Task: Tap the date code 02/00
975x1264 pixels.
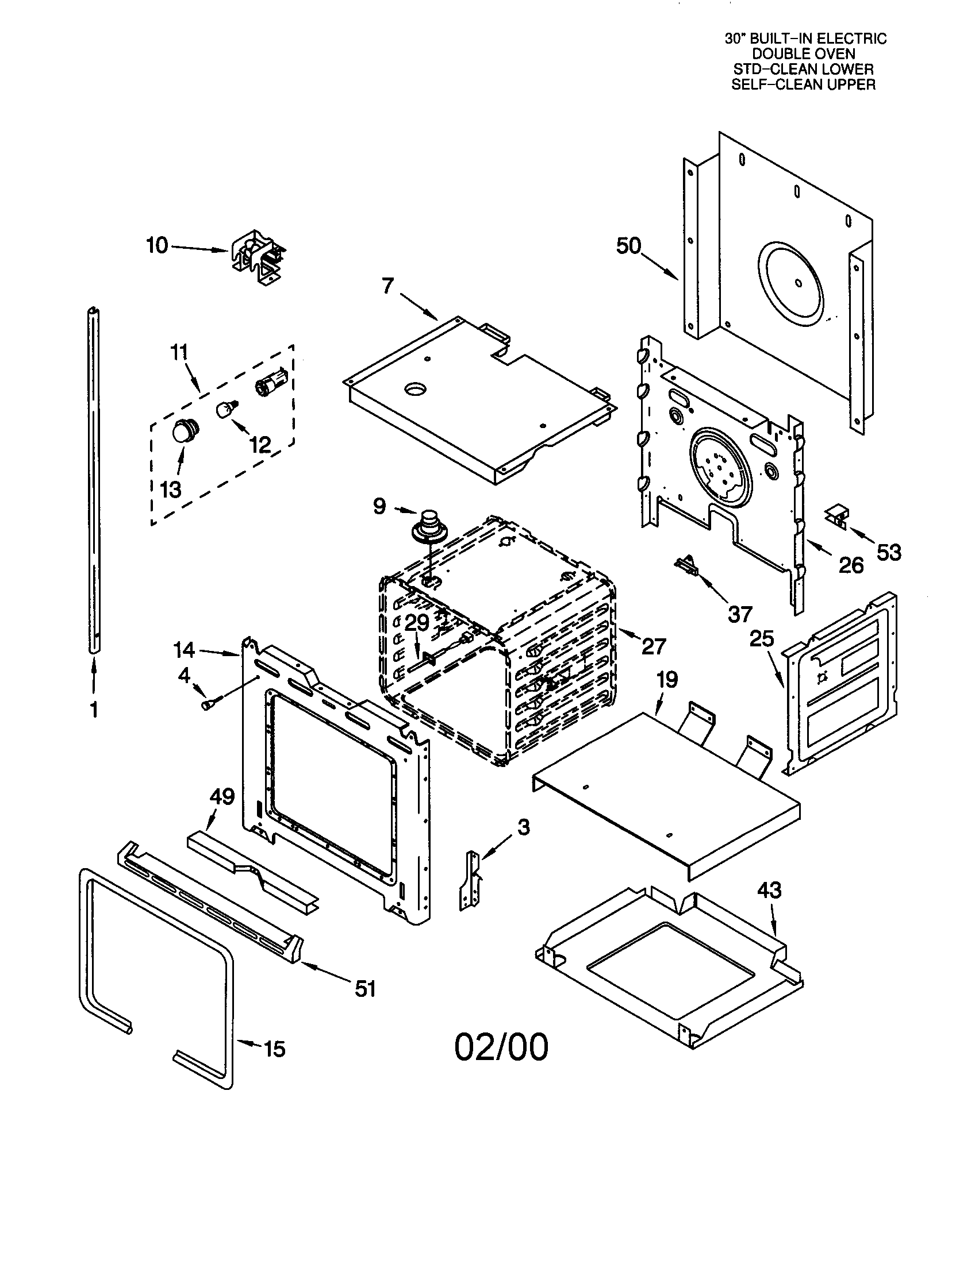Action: click(501, 1047)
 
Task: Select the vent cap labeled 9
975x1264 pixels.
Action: click(428, 525)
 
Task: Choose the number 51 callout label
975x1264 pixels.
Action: click(365, 989)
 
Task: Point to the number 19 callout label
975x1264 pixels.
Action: click(667, 680)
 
